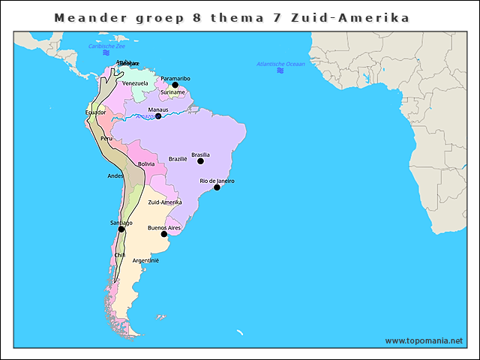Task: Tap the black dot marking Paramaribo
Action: tap(175, 85)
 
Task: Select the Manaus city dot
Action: tap(158, 116)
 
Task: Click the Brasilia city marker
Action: tap(200, 161)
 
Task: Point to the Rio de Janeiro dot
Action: tap(217, 187)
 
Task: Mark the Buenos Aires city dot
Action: tap(164, 234)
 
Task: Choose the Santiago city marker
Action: tap(121, 229)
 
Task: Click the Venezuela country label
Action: tap(135, 83)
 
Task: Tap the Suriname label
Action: tap(172, 92)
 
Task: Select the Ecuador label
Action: tap(95, 112)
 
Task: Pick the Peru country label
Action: tap(106, 139)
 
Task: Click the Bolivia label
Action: tap(146, 163)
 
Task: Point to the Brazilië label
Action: tap(178, 159)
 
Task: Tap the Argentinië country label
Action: tap(145, 260)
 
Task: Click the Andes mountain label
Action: tap(115, 175)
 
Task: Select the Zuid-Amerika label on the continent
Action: tap(165, 202)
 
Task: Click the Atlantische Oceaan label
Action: tap(280, 64)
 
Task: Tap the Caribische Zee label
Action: tap(106, 46)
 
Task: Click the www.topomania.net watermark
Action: tap(424, 340)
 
